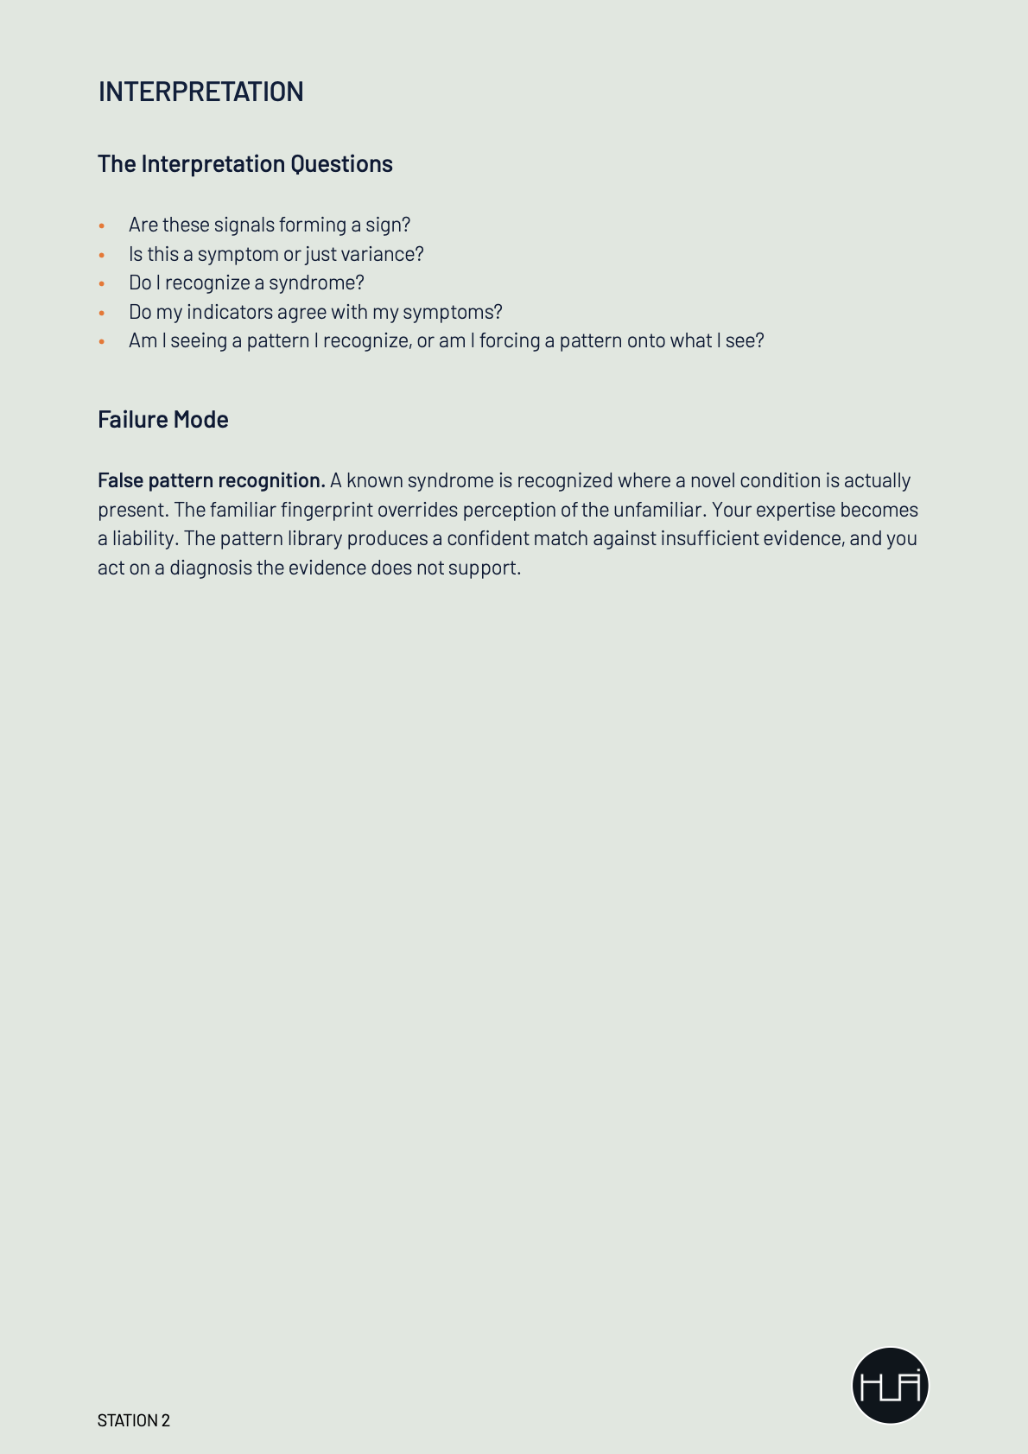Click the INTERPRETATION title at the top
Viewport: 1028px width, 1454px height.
point(200,92)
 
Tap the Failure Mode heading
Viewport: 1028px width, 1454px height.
point(162,420)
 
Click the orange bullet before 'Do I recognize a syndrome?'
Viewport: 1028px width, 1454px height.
point(102,283)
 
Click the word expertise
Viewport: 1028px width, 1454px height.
point(796,510)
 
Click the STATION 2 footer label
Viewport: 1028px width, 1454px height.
point(134,1420)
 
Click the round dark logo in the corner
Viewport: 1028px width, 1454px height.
point(890,1385)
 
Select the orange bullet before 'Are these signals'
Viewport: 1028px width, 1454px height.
point(102,225)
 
